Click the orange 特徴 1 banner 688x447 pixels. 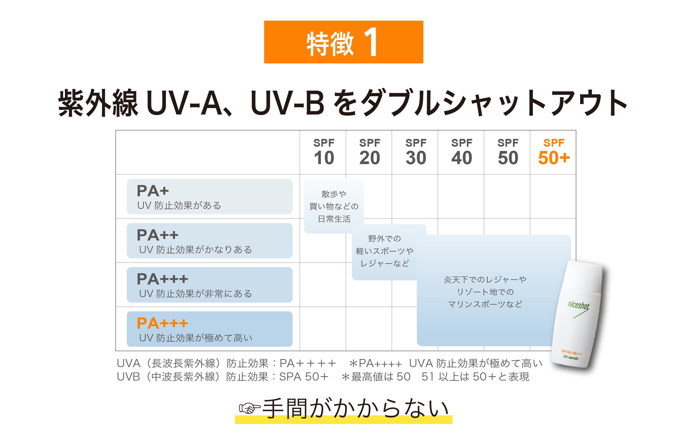pos(343,42)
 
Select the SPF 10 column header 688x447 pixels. pos(324,152)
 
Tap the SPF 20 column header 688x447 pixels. pos(369,152)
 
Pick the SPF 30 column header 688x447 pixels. pos(416,152)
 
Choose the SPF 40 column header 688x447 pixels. pos(462,152)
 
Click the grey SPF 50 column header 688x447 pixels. pos(508,152)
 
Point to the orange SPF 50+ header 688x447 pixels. pos(554,152)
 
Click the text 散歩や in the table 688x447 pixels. pos(334,194)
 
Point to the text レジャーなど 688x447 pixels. pos(384,263)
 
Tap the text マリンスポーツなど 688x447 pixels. pos(485,304)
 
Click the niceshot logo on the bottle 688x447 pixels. pos(578,305)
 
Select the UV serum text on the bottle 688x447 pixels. pos(570,357)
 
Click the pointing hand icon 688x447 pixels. pos(249,408)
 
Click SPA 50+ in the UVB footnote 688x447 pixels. pos(304,376)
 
